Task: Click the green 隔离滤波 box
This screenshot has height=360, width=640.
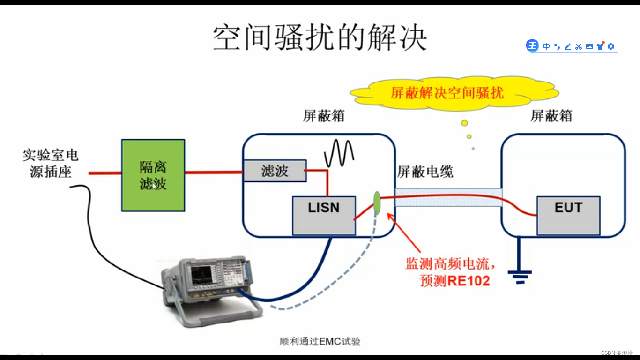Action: pyautogui.click(x=153, y=175)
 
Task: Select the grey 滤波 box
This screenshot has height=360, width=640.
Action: pyautogui.click(x=275, y=171)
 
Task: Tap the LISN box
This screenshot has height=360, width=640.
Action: pyautogui.click(x=323, y=215)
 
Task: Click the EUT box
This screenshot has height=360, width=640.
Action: pyautogui.click(x=568, y=215)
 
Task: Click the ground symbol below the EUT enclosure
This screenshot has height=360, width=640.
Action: pyautogui.click(x=520, y=277)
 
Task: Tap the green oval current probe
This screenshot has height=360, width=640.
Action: pyautogui.click(x=376, y=202)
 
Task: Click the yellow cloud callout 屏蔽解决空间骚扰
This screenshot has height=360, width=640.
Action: pyautogui.click(x=447, y=93)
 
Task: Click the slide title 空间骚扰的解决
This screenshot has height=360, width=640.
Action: pyautogui.click(x=320, y=38)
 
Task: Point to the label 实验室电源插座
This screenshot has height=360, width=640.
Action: pyautogui.click(x=50, y=164)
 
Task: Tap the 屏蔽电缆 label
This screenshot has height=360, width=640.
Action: pyautogui.click(x=425, y=172)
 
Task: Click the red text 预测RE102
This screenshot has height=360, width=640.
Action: pyautogui.click(x=454, y=281)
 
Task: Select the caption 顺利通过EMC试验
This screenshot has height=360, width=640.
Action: pyautogui.click(x=320, y=341)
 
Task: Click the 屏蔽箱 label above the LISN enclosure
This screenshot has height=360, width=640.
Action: pyautogui.click(x=324, y=116)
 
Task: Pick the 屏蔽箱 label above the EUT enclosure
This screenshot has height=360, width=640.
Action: pyautogui.click(x=551, y=116)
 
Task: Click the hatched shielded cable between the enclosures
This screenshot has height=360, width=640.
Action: pyautogui.click(x=447, y=197)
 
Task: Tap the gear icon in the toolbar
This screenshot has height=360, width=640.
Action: pyautogui.click(x=610, y=46)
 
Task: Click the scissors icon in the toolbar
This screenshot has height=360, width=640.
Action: pyautogui.click(x=578, y=46)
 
